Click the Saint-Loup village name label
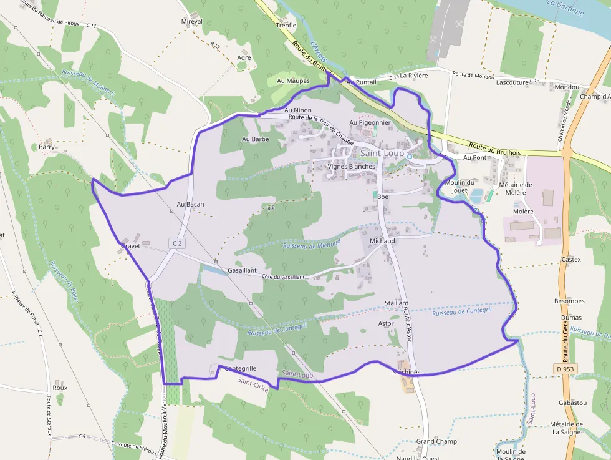click(x=382, y=153)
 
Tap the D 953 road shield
click(x=564, y=369)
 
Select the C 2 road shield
click(x=178, y=243)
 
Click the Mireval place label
click(x=192, y=21)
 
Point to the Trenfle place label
click(x=286, y=26)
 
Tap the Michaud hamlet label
click(x=382, y=241)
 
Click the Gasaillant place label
click(x=243, y=270)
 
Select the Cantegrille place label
click(x=240, y=368)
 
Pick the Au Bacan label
click(x=190, y=204)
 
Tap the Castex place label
click(x=571, y=260)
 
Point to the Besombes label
click(x=569, y=301)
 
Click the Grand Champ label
click(x=436, y=441)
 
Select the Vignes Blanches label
click(x=352, y=167)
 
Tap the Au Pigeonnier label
click(x=370, y=123)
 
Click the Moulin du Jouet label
click(x=459, y=185)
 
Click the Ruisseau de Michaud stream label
click(x=312, y=243)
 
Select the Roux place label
click(x=60, y=388)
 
